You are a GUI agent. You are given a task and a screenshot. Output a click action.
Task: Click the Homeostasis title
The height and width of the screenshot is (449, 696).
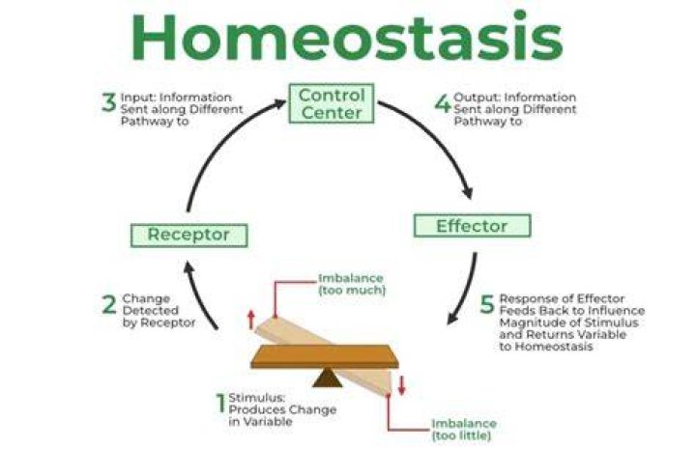347,37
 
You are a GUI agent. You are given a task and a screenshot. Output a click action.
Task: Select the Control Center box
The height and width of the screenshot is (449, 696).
332,103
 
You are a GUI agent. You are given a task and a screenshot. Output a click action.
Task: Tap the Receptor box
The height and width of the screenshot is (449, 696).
189,235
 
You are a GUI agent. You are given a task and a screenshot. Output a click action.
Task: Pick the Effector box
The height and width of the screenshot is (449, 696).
472,226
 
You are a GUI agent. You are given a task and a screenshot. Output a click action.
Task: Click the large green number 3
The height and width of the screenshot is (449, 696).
108,102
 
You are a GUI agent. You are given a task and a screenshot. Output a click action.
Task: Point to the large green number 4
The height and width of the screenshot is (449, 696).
443,103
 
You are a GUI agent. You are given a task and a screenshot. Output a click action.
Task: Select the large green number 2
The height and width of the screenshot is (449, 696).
109,304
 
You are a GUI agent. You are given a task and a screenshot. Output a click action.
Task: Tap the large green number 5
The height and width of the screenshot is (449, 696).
487,304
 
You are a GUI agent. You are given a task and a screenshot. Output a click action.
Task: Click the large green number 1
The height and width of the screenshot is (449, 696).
220,403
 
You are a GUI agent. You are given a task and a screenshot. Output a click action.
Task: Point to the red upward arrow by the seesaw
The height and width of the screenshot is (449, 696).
250,320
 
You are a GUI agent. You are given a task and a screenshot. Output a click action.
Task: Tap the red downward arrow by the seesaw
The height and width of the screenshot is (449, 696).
402,385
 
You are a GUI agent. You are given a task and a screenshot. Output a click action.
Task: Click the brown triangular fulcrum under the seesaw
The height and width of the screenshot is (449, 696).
327,378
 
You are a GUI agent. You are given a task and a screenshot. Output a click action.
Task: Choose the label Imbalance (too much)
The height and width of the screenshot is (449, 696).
352,284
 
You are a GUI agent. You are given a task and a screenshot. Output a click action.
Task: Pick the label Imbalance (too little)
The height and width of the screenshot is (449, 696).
464,430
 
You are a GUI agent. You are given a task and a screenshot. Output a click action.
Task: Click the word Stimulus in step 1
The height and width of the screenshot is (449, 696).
256,398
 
